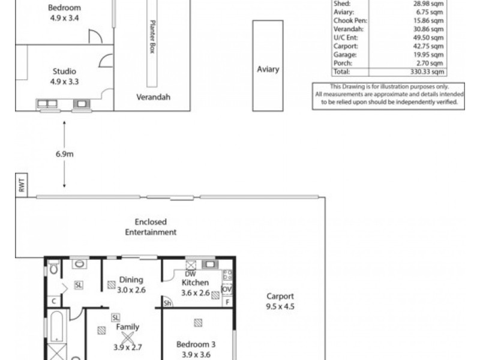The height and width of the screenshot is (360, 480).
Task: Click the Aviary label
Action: [268, 69]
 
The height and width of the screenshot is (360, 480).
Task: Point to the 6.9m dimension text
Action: [64, 154]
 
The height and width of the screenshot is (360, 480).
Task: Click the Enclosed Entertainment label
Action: [151, 227]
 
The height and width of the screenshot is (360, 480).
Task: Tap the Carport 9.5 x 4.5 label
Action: [280, 301]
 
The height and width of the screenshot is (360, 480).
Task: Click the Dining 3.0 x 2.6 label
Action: [130, 284]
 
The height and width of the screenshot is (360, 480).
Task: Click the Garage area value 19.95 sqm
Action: [431, 54]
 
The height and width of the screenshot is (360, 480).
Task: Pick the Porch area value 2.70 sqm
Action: [432, 62]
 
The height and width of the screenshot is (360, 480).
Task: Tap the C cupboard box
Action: [53, 301]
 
